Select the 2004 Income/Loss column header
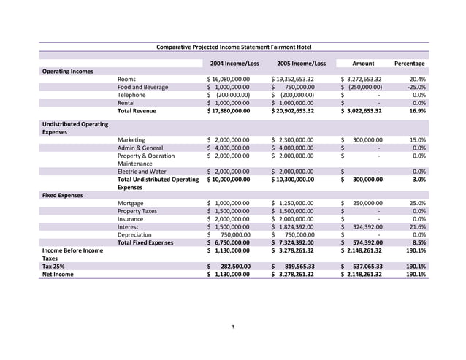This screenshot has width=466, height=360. coord(234,63)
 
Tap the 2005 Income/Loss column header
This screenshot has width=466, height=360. coord(301,63)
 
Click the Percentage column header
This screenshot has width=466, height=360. coord(409,63)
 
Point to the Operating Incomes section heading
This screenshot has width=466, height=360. coord(67,71)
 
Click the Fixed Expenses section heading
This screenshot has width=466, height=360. coord(62,196)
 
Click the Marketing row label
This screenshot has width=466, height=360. coord(131,139)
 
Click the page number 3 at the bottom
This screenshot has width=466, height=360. coord(232,326)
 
